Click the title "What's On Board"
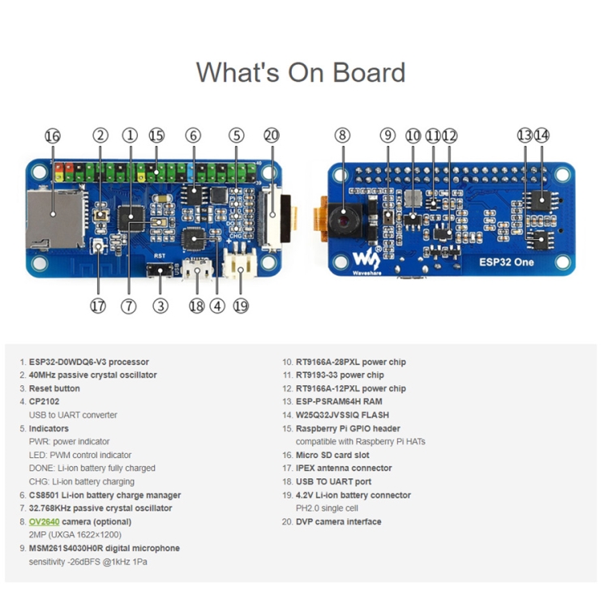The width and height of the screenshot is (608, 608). [x=300, y=73]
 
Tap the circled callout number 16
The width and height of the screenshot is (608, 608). [x=53, y=136]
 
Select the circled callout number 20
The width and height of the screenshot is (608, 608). [x=272, y=135]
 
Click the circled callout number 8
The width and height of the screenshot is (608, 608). [x=343, y=135]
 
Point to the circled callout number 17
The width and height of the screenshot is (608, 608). [x=98, y=306]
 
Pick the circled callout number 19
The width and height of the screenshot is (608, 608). [x=241, y=306]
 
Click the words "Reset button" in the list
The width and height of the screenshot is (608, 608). [x=54, y=388]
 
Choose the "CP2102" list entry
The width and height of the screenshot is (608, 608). [x=47, y=401]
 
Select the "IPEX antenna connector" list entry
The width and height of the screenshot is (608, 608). [x=345, y=468]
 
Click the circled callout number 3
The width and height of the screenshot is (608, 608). [x=161, y=306]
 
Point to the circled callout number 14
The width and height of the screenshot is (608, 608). [x=542, y=135]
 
